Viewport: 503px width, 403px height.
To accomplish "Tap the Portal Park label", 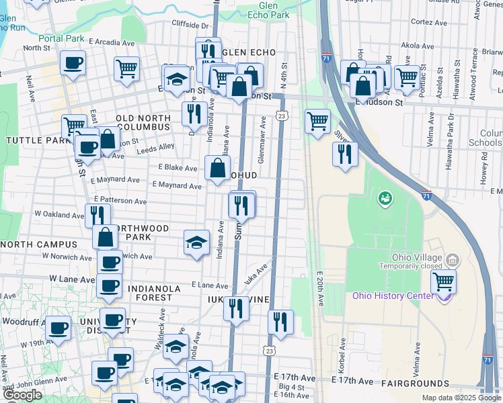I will coord(61,38).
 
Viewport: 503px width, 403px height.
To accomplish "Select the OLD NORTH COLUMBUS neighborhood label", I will coord(143,122).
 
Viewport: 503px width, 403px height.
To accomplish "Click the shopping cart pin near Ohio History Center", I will coord(443,281).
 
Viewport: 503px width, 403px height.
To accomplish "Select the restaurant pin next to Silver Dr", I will coord(345,154).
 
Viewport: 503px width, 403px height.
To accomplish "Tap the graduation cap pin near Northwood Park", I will coord(196,243).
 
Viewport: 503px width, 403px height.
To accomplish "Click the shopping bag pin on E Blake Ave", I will coord(217,169).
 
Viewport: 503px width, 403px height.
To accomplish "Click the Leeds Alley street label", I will coord(157,147).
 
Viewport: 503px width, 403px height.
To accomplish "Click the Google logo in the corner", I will coord(22,395).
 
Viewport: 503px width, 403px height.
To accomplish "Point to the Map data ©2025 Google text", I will coord(461,398).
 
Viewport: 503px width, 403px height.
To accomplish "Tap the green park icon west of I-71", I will coord(385,197).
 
